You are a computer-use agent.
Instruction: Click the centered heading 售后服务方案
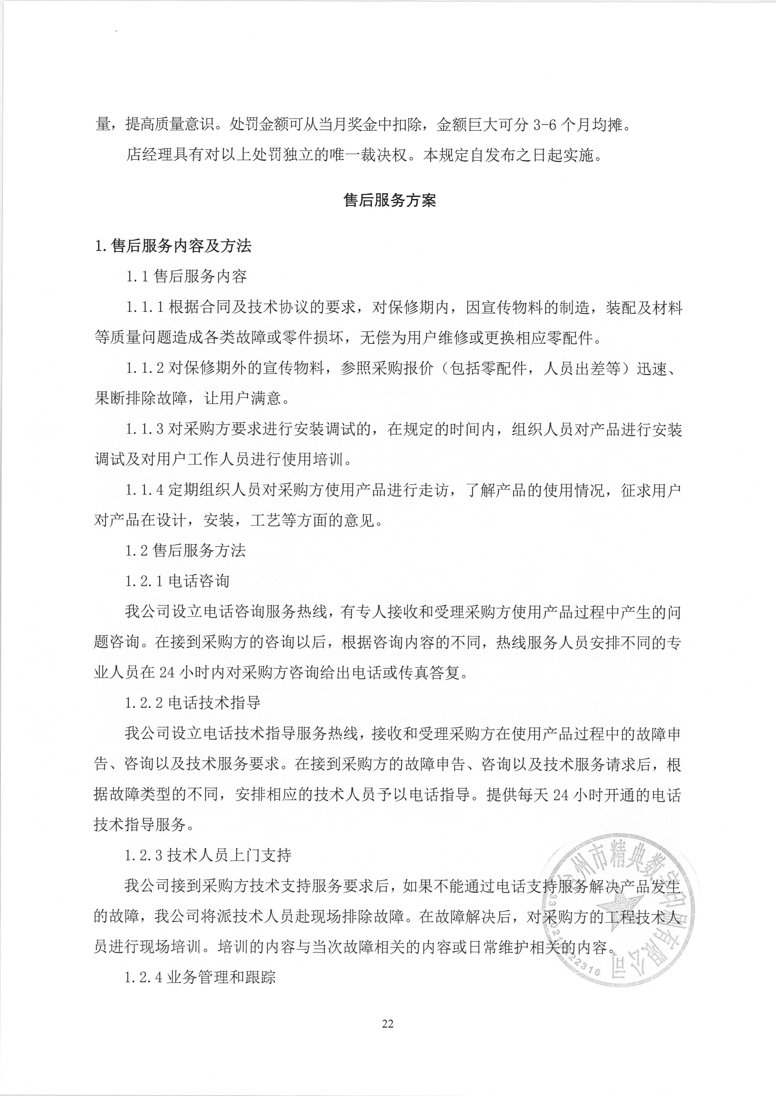pyautogui.click(x=389, y=200)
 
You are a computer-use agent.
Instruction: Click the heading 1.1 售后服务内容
pyautogui.click(x=186, y=277)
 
